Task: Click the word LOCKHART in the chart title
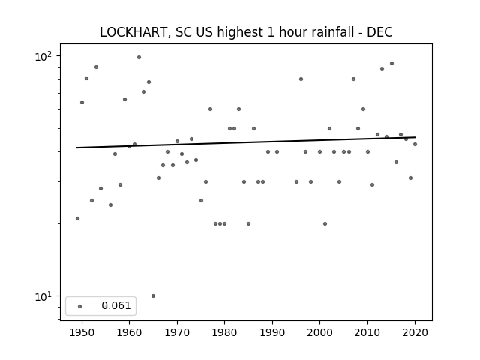pos(133,32)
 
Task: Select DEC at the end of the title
pos(379,32)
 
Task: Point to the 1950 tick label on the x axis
pos(82,332)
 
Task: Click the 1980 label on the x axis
pos(225,332)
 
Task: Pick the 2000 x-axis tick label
pos(320,332)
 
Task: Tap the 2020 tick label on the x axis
pos(415,332)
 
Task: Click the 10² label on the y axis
pos(43,57)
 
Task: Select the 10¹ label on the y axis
pos(43,296)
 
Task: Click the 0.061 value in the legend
pos(116,305)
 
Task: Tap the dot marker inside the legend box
pos(80,306)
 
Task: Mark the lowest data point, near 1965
pos(153,295)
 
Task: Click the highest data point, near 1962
pos(139,57)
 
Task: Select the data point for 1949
pos(77,218)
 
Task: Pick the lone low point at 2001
pos(325,223)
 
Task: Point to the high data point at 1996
pos(301,79)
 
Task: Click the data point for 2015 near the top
pos(391,63)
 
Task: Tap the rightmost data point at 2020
pos(415,144)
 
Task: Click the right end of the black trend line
pos(415,137)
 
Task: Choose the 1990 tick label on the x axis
pos(272,332)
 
